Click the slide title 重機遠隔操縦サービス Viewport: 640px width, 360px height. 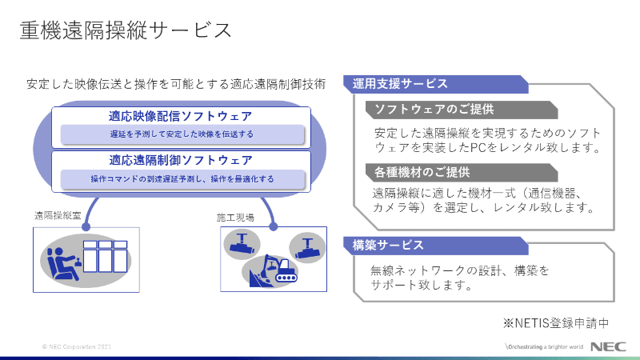[126, 31]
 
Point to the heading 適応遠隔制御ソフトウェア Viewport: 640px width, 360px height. [181, 160]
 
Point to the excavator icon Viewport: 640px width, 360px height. [271, 270]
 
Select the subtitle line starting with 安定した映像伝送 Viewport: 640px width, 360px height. [176, 83]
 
